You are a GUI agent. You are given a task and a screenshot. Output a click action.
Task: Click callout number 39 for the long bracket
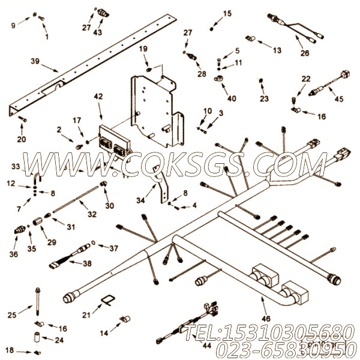35,61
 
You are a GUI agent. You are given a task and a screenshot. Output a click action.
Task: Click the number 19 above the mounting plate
143,49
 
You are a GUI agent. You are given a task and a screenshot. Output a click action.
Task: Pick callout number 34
140,200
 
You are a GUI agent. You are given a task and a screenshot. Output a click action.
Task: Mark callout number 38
87,263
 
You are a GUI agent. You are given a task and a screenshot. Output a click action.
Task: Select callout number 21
86,314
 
